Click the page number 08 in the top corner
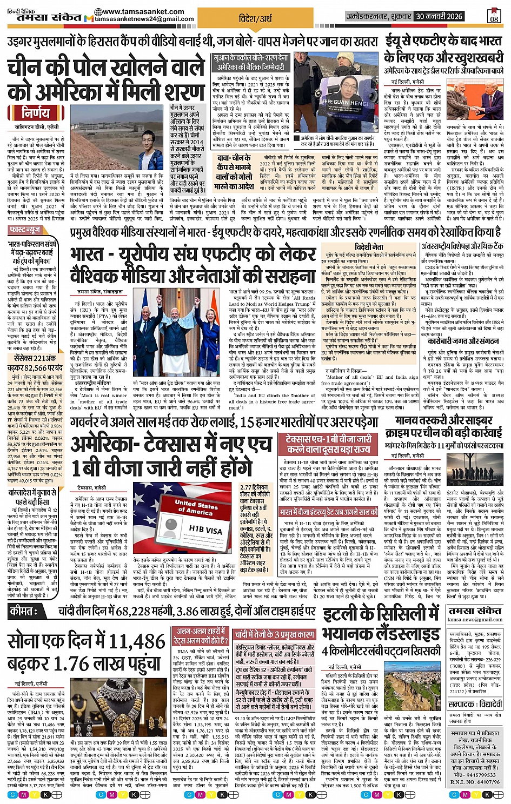[494, 19]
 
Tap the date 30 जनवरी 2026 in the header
[439, 17]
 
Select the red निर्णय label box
[35, 113]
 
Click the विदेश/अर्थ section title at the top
[255, 18]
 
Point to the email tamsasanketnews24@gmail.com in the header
[144, 19]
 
